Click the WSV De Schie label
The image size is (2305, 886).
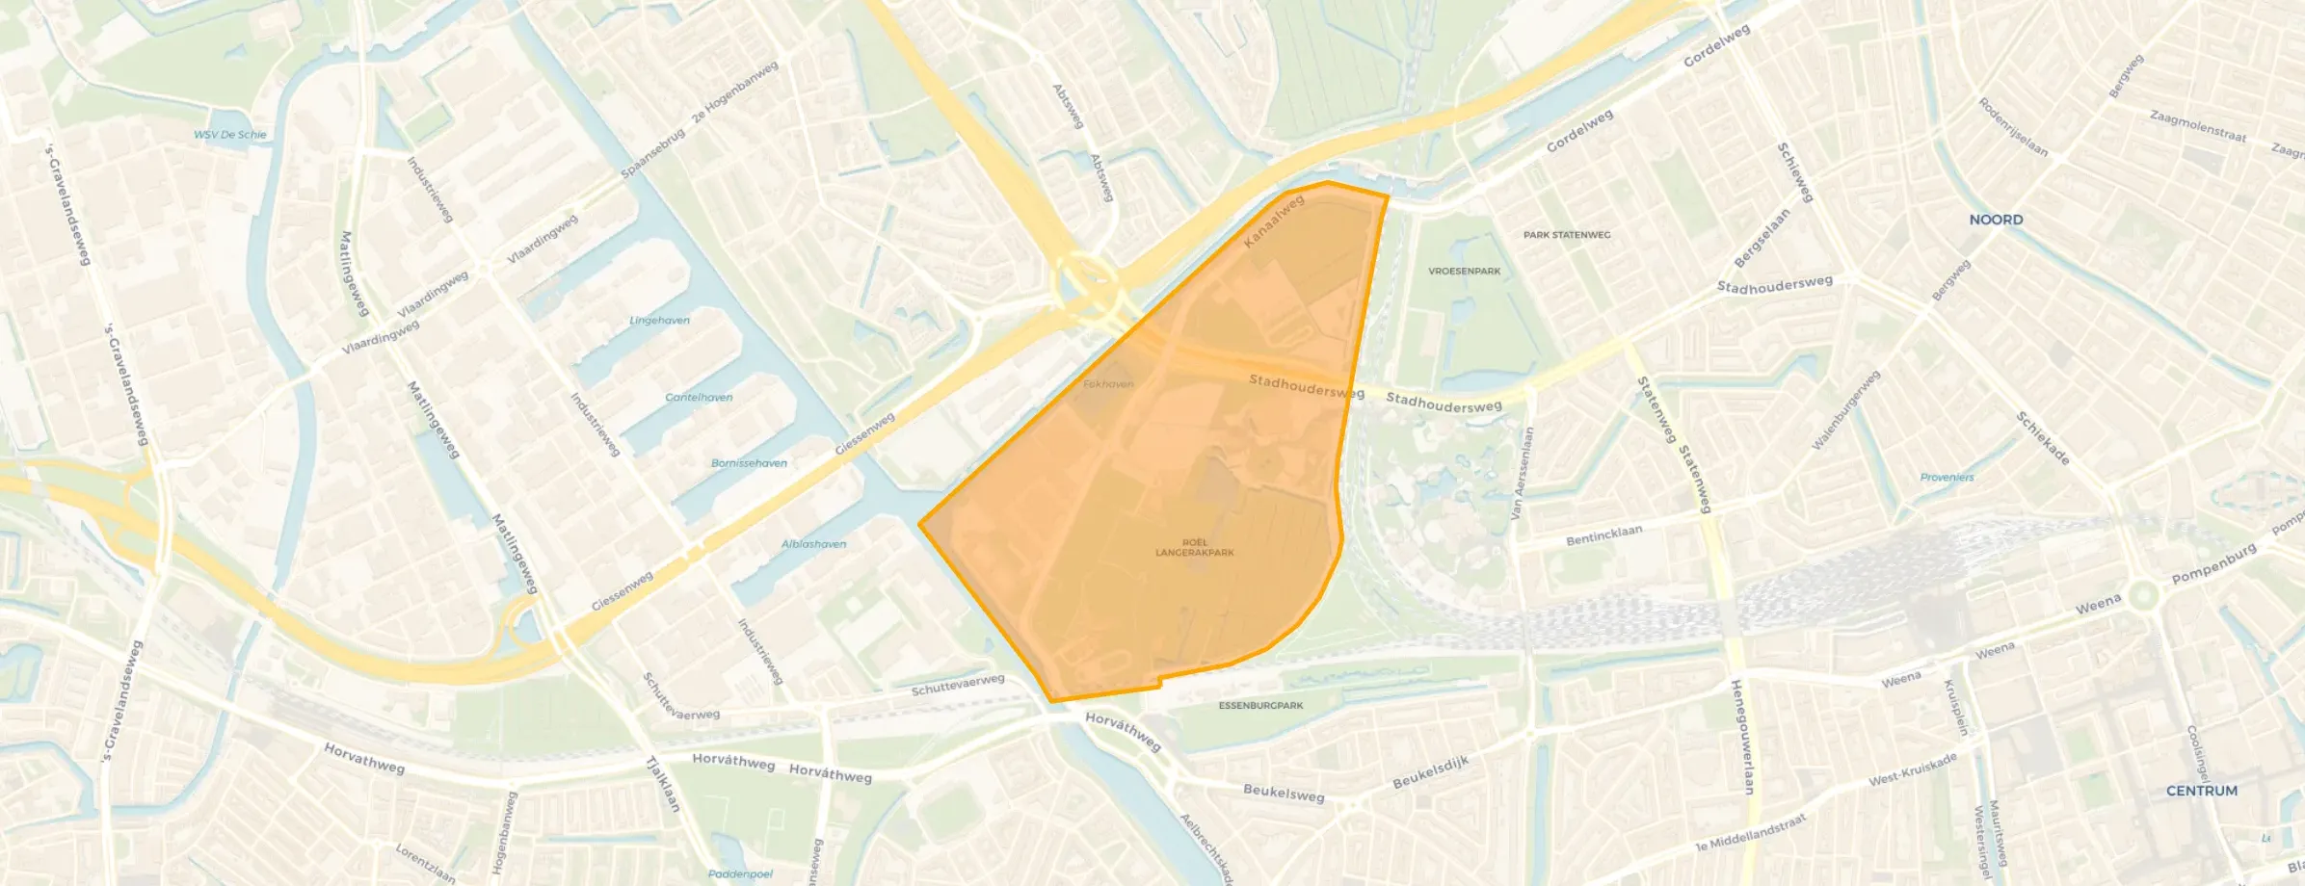[x=229, y=135]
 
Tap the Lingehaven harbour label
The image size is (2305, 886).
[x=659, y=321]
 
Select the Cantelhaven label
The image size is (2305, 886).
[x=699, y=398]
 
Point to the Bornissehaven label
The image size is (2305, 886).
[x=749, y=463]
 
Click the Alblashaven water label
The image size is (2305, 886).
[x=813, y=544]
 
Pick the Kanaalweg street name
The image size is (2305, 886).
[x=1273, y=221]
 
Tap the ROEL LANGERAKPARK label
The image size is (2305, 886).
[x=1195, y=548]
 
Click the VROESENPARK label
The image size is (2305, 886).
[x=1464, y=272]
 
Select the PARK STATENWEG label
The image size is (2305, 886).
[x=1566, y=235]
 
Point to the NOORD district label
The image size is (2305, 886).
[x=1996, y=220]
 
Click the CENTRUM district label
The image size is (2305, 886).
[x=2201, y=791]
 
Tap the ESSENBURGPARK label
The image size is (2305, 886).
[x=1260, y=706]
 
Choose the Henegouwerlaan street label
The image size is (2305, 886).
[x=1742, y=737]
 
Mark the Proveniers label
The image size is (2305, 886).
[x=1947, y=478]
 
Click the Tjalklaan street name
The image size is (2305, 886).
[x=663, y=784]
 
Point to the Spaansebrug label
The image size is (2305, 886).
[x=652, y=153]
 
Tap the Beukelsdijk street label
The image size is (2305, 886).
[x=1430, y=772]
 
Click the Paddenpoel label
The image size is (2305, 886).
[x=740, y=874]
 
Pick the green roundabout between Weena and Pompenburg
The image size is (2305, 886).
[x=2142, y=595]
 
